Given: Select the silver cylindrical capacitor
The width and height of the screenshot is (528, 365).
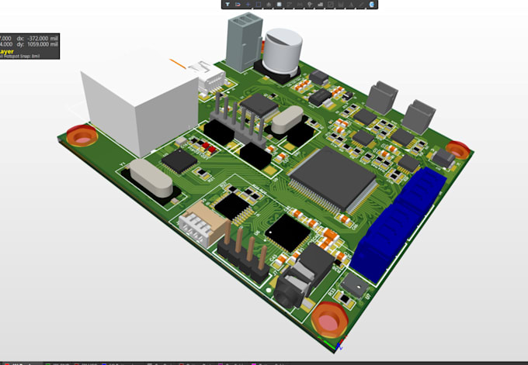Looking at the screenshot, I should click(x=281, y=53).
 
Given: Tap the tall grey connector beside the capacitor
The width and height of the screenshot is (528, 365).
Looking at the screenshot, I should click(x=238, y=43).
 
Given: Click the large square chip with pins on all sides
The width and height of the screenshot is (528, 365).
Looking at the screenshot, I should click(x=332, y=179).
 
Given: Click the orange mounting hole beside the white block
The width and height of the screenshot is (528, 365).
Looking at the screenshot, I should click(x=80, y=136).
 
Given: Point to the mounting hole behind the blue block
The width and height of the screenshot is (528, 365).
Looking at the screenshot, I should click(x=457, y=148).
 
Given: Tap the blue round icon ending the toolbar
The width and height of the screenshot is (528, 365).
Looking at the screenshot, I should click(x=373, y=5).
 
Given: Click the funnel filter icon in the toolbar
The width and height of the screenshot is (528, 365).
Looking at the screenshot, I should click(x=228, y=5).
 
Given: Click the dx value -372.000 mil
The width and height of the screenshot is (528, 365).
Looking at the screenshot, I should click(x=36, y=37).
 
